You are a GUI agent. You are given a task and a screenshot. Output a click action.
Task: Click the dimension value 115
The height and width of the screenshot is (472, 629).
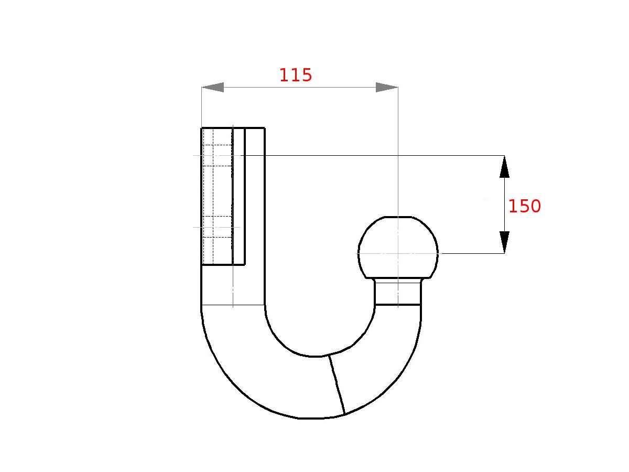click(x=296, y=76)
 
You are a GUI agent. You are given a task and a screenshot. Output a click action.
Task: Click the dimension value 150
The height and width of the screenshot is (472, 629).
click(x=524, y=207)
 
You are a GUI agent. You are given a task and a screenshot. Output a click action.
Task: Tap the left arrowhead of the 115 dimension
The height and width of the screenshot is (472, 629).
click(x=213, y=88)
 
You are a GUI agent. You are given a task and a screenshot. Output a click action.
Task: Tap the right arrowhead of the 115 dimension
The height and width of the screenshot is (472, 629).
click(x=387, y=88)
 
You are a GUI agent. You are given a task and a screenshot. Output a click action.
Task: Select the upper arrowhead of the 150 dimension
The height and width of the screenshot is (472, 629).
click(x=504, y=167)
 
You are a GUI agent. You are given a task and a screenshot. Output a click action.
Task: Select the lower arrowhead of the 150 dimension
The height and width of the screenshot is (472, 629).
click(x=504, y=242)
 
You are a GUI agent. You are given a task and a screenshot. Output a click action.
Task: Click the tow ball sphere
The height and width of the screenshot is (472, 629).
click(x=398, y=246)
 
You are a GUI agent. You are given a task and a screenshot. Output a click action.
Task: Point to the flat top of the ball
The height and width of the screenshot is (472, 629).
click(x=398, y=217)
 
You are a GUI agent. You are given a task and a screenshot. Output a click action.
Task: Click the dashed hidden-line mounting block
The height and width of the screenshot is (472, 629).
click(x=217, y=196)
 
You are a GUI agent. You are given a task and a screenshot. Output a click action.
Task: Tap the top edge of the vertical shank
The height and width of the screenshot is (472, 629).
click(x=233, y=127)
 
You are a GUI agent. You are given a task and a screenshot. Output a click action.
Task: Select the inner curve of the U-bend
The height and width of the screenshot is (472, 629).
click(x=314, y=356)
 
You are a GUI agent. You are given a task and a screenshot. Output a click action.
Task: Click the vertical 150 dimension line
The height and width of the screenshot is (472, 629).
click(x=504, y=205)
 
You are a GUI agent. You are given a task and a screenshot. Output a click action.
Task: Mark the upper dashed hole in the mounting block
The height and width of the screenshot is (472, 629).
click(x=217, y=156)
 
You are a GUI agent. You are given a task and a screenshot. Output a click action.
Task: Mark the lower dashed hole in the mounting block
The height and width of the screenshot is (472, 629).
click(x=217, y=227)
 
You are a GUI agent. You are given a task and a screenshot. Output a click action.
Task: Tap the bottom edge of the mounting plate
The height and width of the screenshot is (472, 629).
click(x=223, y=265)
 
